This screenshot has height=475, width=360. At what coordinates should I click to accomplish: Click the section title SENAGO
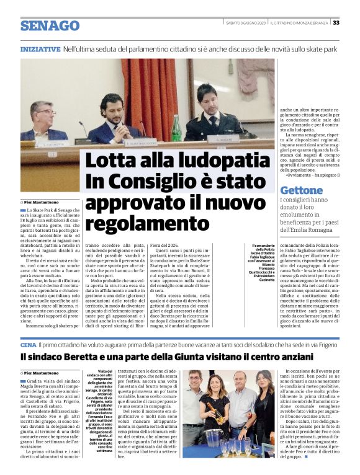[50, 25]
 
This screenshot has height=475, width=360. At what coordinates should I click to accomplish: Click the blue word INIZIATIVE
[40, 48]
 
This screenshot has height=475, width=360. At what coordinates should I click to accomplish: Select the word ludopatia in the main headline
[215, 161]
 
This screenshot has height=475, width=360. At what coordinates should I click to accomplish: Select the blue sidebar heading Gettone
[302, 190]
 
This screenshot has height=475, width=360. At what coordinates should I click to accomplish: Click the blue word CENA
[28, 344]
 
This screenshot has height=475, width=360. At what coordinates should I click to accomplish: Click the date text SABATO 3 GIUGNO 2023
[246, 23]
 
